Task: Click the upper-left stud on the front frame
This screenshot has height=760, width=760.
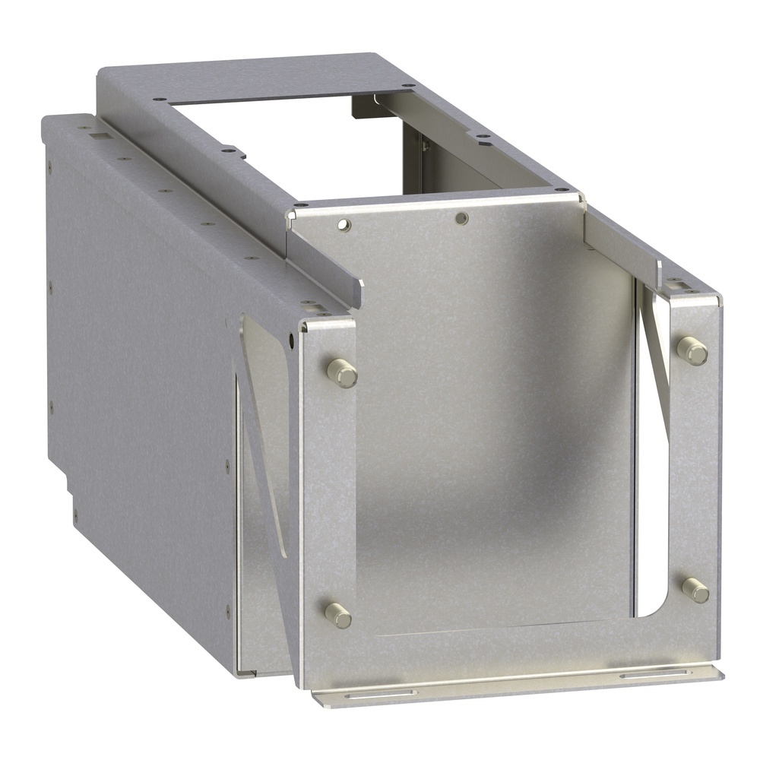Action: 343,373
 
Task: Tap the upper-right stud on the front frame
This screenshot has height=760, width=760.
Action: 692,350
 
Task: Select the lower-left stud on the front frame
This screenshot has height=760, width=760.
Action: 338,615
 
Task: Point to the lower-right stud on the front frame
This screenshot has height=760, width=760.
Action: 695,590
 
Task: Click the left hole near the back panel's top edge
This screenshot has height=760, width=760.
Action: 344,224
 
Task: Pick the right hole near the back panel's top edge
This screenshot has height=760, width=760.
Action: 461,219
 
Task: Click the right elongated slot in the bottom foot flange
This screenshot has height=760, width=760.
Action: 654,673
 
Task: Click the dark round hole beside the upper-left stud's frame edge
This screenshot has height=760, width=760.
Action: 293,337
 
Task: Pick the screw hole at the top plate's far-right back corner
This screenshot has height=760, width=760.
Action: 409,86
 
